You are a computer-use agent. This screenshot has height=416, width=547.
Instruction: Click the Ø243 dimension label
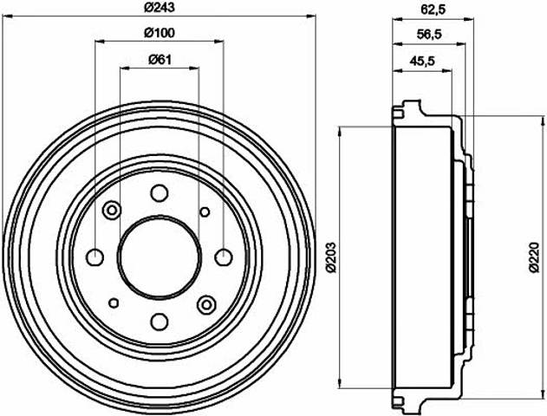pyautogui.click(x=160, y=7)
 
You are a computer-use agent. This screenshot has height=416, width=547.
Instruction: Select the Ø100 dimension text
pyautogui.click(x=160, y=33)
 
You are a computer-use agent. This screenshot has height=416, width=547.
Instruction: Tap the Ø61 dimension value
pyautogui.click(x=160, y=60)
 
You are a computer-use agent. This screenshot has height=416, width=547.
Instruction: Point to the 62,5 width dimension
pyautogui.click(x=433, y=10)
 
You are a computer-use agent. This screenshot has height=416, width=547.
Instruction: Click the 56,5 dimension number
pyautogui.click(x=429, y=34)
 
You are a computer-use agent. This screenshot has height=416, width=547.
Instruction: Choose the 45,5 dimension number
pyautogui.click(x=422, y=61)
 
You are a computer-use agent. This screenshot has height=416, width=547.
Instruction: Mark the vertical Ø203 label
pyautogui.click(x=332, y=257)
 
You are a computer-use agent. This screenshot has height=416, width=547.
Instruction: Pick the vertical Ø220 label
pyautogui.click(x=534, y=257)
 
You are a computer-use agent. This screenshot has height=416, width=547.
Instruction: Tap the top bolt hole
pyautogui.click(x=160, y=192)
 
